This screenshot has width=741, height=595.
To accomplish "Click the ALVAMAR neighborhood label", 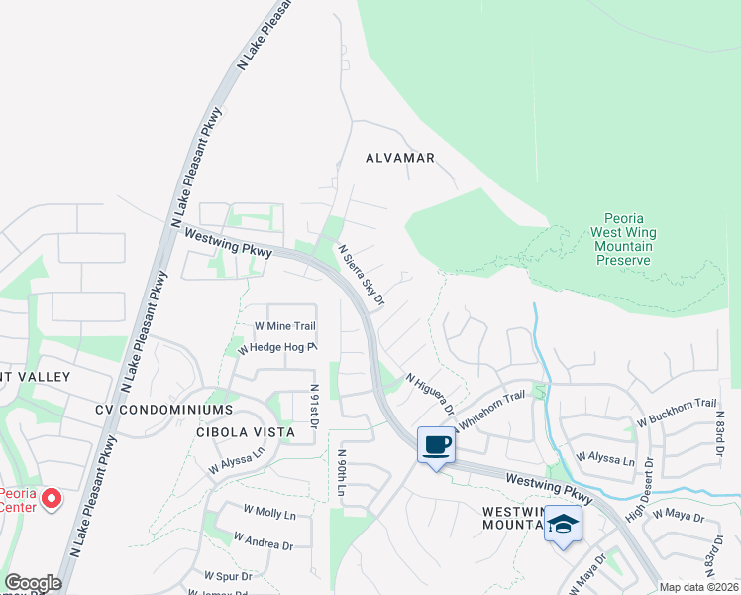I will tap(400, 158).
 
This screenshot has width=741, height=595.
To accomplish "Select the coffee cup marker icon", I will tap(436, 444).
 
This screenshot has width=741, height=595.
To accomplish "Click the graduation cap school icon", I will tap(563, 524).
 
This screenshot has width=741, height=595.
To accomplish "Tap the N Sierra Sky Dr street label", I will tap(361, 275).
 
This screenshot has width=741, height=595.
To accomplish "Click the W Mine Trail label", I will tap(284, 325).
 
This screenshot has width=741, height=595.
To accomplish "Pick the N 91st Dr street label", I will tap(314, 407).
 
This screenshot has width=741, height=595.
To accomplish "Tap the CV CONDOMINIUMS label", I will tap(163, 410).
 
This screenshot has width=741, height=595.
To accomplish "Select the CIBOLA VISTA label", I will tap(246, 432).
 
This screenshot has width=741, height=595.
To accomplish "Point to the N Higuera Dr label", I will tap(431, 395).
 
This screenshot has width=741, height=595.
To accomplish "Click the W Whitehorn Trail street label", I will tap(488, 408).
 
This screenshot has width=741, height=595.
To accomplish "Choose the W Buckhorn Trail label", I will tap(677, 412).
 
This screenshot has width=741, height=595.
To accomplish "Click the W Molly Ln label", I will tap(269, 515).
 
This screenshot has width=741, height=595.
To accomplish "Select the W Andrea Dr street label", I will tap(263, 540).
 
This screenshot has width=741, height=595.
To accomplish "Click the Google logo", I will tap(33, 583).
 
